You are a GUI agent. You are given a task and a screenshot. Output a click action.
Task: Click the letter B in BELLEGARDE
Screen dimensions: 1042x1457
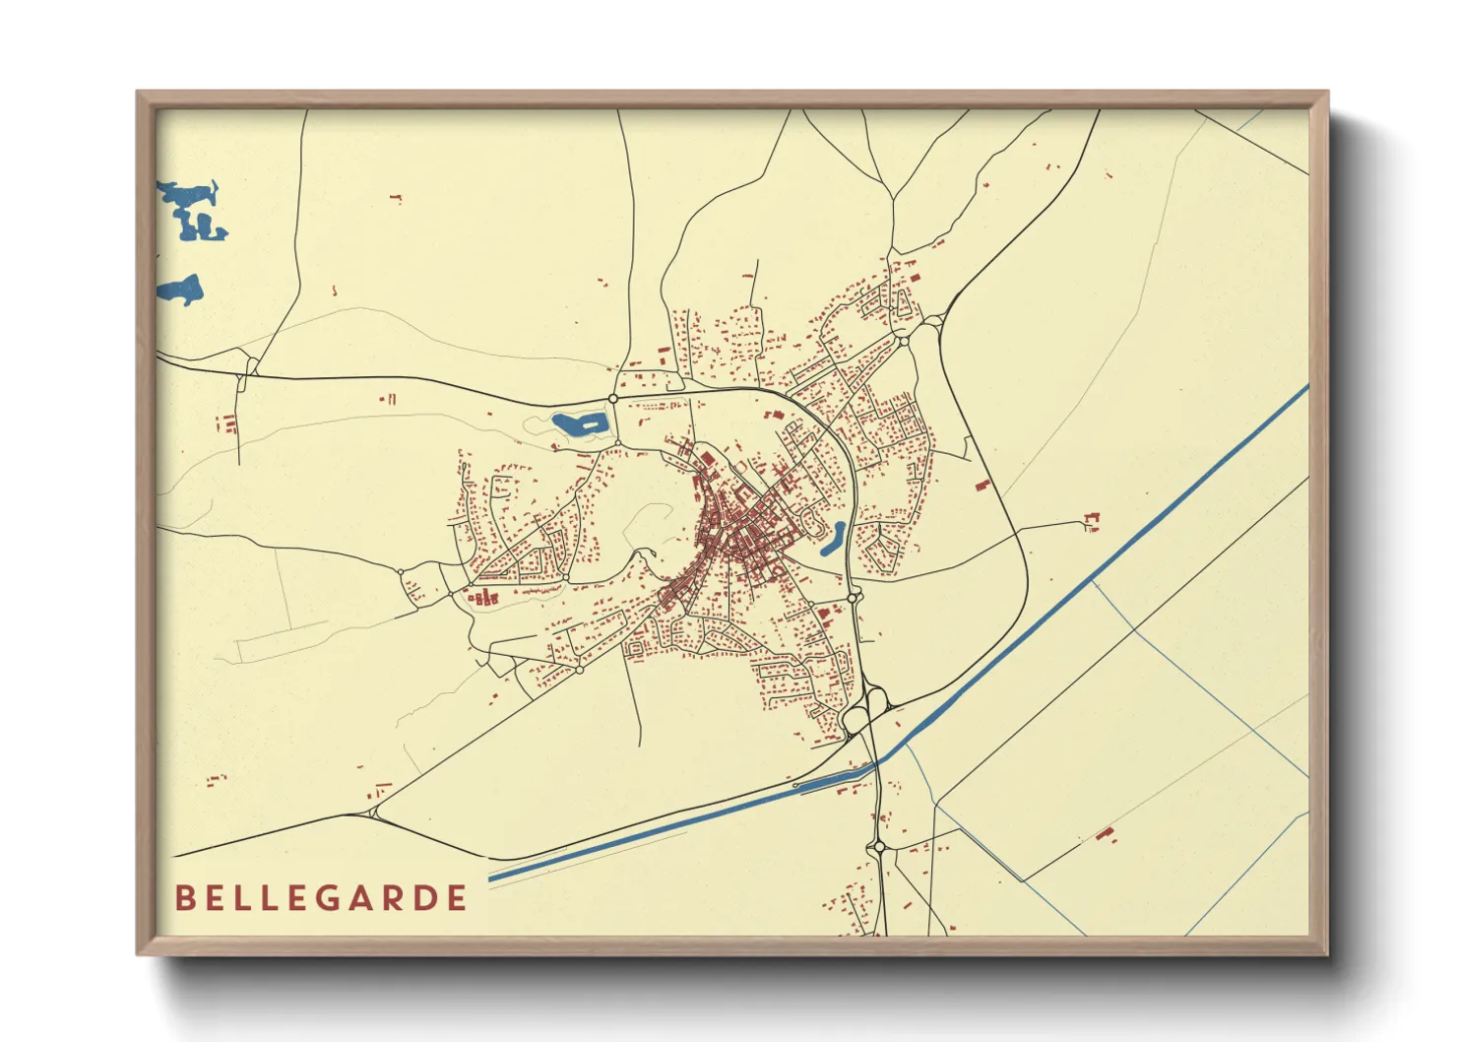tap(184, 898)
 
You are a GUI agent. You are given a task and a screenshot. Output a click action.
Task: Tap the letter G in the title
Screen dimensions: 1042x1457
tap(329, 898)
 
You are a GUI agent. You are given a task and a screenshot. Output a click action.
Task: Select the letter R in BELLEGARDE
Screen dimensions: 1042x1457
tap(394, 898)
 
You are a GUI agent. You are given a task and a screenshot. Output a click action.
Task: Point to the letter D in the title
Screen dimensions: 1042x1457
tap(425, 898)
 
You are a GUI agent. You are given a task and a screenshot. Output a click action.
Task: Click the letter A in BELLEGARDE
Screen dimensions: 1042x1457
tap(361, 898)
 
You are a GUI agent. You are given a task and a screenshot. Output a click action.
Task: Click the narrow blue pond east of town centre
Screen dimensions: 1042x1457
tap(834, 538)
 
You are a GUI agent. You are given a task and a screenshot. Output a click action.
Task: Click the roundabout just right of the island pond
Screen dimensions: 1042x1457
tap(613, 398)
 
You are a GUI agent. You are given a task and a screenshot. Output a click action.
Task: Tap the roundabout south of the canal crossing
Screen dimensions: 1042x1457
tap(878, 847)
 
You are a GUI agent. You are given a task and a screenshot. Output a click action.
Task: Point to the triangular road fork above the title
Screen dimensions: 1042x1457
tap(374, 813)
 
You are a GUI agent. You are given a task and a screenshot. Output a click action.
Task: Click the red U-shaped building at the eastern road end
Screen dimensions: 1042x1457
tap(1090, 520)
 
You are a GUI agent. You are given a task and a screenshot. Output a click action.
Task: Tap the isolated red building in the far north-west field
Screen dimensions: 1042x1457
tap(397, 198)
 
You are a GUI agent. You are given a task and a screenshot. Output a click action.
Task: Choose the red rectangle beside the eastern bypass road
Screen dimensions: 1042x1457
tap(982, 485)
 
